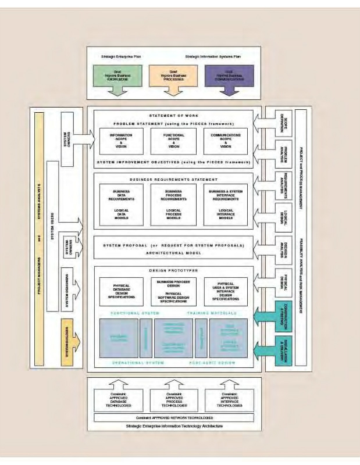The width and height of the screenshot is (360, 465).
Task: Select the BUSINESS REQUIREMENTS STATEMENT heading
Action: click(174, 180)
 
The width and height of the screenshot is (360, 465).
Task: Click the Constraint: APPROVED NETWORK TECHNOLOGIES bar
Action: click(174, 418)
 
